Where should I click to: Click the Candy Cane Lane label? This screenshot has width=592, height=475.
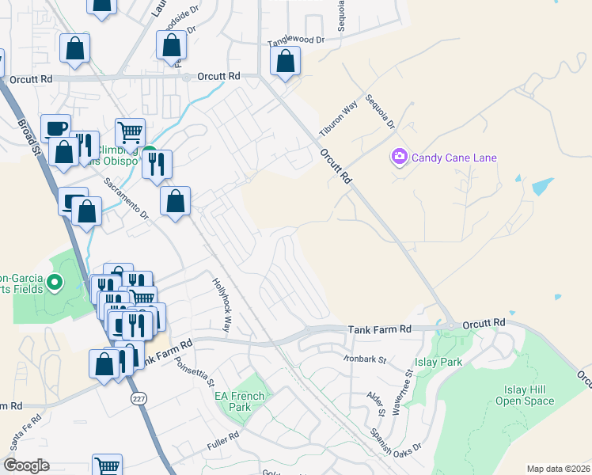(x=453, y=158)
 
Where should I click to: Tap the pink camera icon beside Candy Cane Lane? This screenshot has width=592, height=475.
(x=399, y=158)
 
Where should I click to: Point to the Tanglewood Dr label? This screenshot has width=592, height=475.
(x=297, y=40)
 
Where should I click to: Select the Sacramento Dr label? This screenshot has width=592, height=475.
(x=127, y=198)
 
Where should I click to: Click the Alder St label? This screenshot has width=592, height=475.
(x=376, y=403)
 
